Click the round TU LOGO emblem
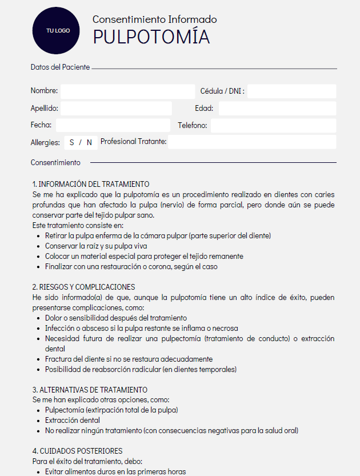click(58, 30)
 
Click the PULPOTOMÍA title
click(151, 37)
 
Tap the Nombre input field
click(127, 91)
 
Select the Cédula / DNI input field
click(291, 91)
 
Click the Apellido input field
click(116, 109)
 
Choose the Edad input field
click(277, 109)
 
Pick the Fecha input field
click(113, 125)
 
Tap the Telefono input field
click(273, 125)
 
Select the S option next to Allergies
click(72, 142)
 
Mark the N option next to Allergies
click(89, 142)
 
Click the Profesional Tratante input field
click(251, 142)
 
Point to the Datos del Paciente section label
click(60, 67)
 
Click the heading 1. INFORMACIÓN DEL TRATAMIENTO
click(91, 184)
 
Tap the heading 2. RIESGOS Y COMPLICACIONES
click(83, 287)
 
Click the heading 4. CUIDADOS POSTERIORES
click(77, 451)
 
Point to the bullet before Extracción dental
click(38, 421)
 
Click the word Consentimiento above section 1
click(55, 163)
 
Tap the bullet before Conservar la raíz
click(38, 246)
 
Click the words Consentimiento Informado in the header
click(154, 19)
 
